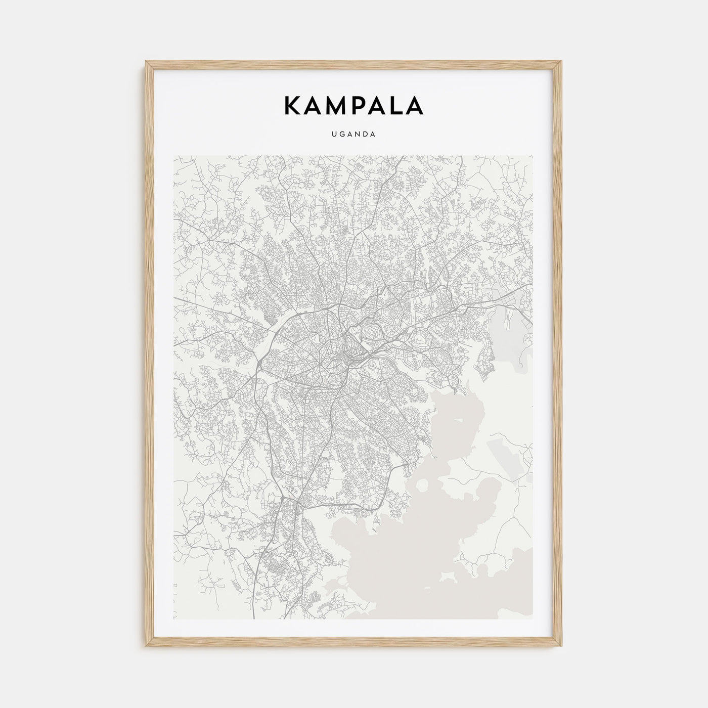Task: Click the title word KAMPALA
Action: point(353,105)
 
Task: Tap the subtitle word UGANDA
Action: point(353,135)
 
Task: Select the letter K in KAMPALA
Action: point(294,105)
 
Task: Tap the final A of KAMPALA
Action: point(414,105)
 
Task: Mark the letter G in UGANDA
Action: point(342,135)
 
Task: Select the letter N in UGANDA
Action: point(357,135)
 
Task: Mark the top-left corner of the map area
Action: point(174,156)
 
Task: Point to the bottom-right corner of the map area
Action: point(533,618)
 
